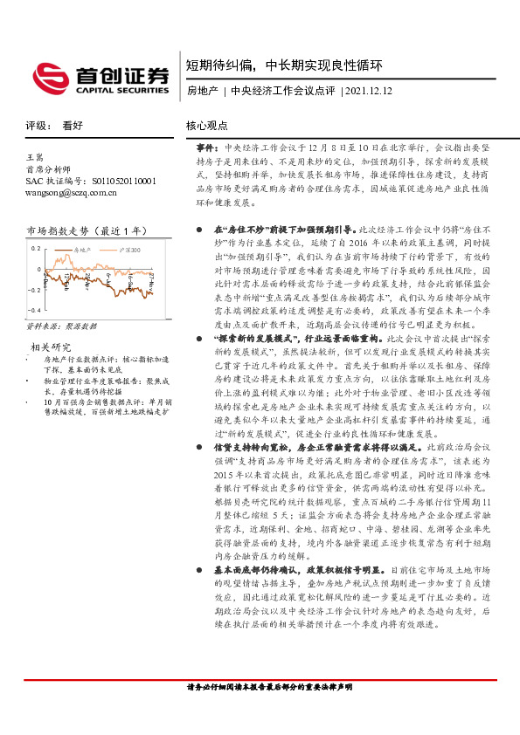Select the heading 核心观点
207,126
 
